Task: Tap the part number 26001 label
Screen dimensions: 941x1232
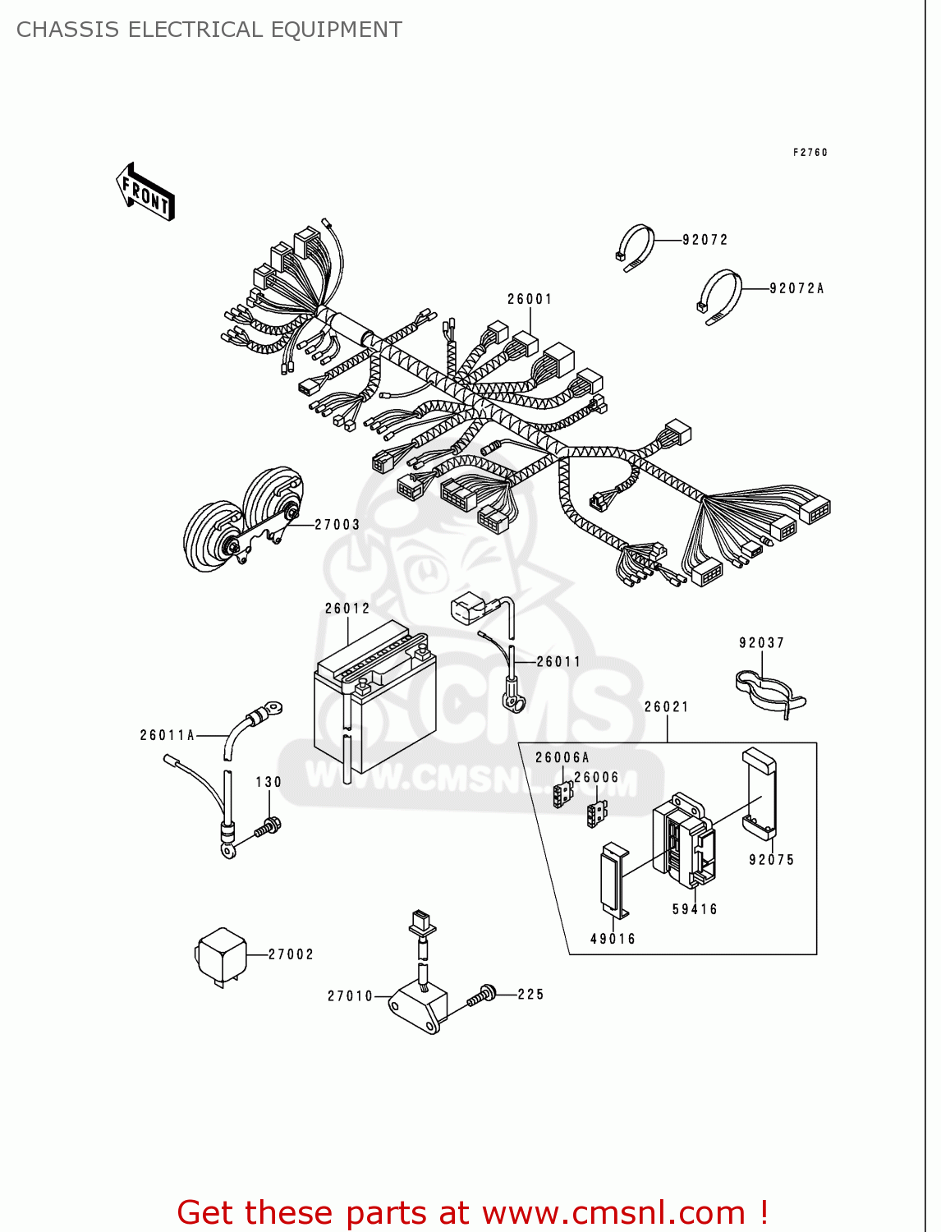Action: click(530, 299)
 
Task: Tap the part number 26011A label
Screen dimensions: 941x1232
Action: click(168, 735)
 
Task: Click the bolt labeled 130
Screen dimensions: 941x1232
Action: click(268, 827)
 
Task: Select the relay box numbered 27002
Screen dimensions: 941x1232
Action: click(221, 955)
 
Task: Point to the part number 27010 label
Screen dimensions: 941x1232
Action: click(351, 996)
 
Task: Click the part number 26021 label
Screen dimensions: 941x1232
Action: click(666, 706)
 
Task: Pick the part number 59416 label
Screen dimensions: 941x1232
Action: click(695, 909)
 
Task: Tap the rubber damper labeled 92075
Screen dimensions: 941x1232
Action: click(759, 793)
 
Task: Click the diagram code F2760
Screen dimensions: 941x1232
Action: click(810, 153)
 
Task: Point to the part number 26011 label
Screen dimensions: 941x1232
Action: click(558, 661)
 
